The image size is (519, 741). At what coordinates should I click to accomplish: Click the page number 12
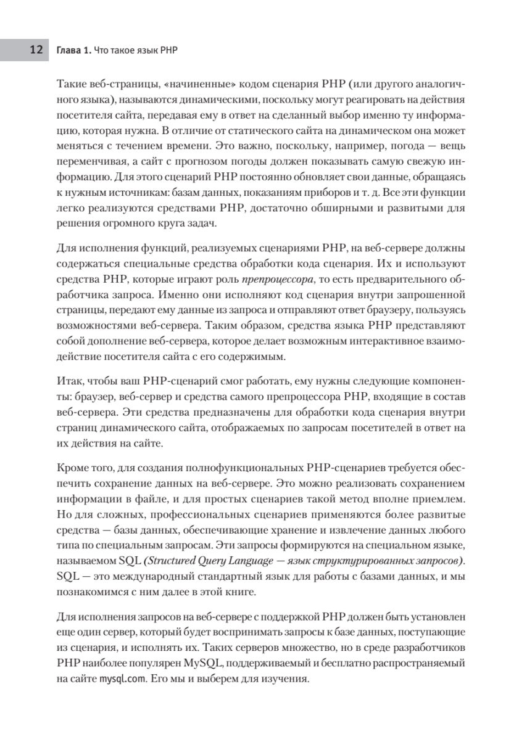pos(35,49)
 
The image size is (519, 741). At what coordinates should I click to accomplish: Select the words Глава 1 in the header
pos(73,49)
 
